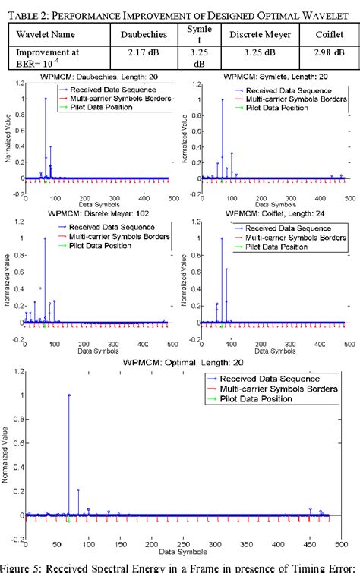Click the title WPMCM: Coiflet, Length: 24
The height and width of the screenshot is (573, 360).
pyautogui.click(x=270, y=213)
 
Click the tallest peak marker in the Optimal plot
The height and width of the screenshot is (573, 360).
pyautogui.click(x=68, y=395)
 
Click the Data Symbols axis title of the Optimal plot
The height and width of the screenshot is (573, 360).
pyautogui.click(x=182, y=555)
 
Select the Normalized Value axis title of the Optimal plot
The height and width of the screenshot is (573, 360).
pyautogui.click(x=6, y=455)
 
